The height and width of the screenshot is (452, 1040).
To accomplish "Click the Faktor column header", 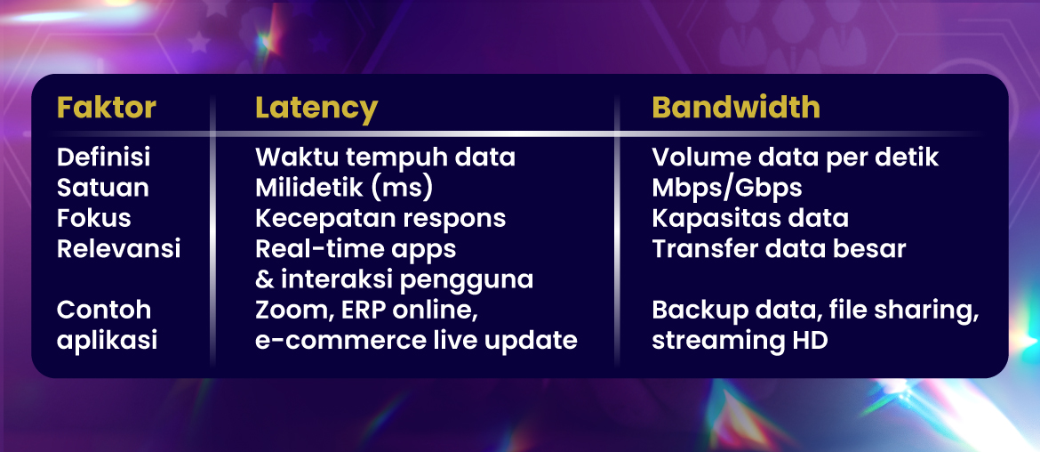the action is [107, 109].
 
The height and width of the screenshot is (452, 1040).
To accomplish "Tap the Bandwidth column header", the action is [736, 109].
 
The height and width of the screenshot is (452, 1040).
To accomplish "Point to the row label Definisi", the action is [103, 157].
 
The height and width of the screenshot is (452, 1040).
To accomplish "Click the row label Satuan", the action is [103, 188].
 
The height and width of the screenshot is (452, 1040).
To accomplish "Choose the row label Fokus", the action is [93, 218].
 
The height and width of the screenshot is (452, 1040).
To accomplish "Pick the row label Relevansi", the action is [119, 249].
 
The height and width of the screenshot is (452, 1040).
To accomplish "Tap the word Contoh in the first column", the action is [104, 310].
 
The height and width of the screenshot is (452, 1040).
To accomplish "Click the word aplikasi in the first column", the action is [107, 341].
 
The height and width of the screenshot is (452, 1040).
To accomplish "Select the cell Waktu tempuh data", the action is [386, 158].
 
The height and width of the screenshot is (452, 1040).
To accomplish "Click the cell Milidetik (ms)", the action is [344, 189].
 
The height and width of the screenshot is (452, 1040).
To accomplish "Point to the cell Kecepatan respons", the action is [380, 219].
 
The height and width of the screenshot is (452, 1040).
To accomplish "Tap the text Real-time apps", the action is [356, 249].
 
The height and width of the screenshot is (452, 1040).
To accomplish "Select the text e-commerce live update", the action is [417, 341].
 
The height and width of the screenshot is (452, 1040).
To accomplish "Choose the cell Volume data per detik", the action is [796, 158].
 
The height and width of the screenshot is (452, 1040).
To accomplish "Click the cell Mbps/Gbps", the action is [727, 189].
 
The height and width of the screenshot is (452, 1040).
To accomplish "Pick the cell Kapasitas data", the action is [750, 219].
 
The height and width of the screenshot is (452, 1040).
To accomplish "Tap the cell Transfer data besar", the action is [779, 249].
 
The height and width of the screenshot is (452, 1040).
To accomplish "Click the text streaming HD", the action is [740, 341].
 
